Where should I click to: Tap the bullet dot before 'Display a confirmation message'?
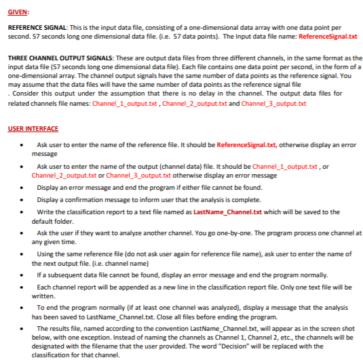tap(24, 200)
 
